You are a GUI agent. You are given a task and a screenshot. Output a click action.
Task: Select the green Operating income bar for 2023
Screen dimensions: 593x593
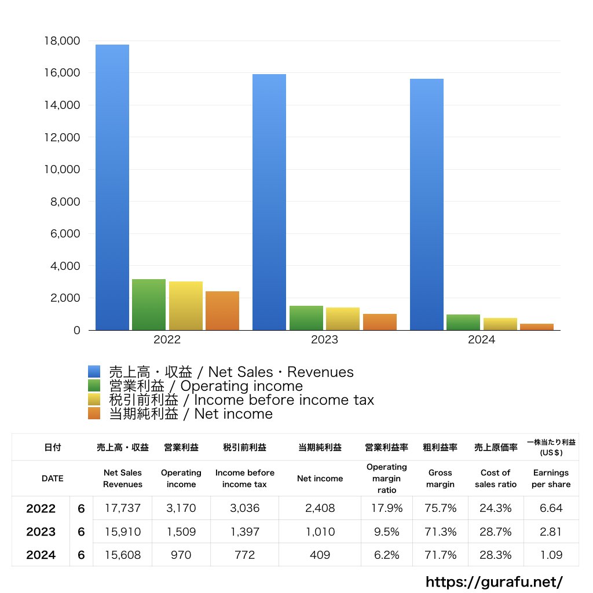(x=306, y=318)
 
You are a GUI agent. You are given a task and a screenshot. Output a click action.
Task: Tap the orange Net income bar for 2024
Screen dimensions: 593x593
(x=537, y=327)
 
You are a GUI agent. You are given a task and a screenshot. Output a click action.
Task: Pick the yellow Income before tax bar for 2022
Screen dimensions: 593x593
(x=186, y=306)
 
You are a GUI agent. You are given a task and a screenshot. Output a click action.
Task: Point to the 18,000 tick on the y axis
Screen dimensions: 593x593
(x=61, y=41)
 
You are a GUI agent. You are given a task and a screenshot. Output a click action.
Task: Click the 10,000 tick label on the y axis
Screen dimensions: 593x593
(x=61, y=170)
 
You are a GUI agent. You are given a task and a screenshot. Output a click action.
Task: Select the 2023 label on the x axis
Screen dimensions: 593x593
(x=324, y=340)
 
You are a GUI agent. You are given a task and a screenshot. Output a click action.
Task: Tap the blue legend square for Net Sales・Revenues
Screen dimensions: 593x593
(x=94, y=372)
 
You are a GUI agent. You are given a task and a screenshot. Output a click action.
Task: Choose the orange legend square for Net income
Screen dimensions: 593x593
(x=94, y=413)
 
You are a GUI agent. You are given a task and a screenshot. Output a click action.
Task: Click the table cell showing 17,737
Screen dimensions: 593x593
(x=122, y=508)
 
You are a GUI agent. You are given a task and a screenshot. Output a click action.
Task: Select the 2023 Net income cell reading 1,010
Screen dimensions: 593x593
(x=320, y=532)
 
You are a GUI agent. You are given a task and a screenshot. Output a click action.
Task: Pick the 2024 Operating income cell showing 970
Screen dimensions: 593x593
(x=181, y=555)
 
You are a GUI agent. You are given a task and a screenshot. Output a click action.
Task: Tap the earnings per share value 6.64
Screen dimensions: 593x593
(x=551, y=508)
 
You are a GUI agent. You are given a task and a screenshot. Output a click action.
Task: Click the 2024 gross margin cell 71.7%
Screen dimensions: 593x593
(x=440, y=555)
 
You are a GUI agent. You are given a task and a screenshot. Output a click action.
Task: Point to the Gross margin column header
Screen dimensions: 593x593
(x=440, y=478)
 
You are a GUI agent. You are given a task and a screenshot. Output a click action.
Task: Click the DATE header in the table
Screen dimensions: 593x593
(x=52, y=478)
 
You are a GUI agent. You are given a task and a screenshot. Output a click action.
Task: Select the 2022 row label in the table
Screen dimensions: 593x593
(x=41, y=508)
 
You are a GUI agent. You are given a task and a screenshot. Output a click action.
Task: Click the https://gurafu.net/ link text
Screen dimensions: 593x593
(x=494, y=581)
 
